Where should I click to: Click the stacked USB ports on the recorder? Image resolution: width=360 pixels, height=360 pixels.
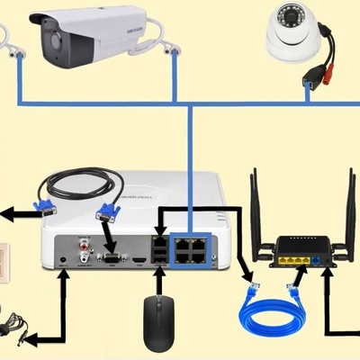(x=159, y=250)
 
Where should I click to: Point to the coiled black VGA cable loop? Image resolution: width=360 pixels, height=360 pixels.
(x=80, y=184)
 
